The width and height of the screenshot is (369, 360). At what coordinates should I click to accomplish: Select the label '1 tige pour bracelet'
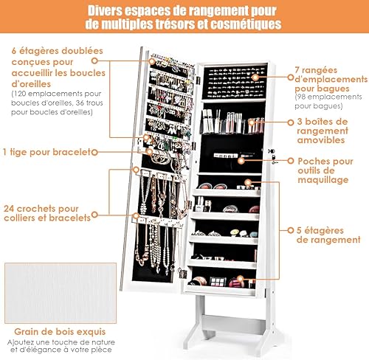tap(47, 152)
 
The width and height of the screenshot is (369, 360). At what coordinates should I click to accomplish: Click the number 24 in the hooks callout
tap(9, 209)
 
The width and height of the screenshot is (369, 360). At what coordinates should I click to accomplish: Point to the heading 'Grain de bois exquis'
tap(60, 332)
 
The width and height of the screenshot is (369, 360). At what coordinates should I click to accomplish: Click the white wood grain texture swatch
tap(61, 293)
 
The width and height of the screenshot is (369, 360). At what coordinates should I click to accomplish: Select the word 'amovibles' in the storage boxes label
tap(321, 140)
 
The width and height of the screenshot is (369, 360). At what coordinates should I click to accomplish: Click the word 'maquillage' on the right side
tap(323, 180)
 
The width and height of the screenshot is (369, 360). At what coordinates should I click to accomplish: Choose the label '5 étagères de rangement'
tap(328, 235)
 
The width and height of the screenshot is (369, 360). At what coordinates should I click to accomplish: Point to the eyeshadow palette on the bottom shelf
tap(218, 281)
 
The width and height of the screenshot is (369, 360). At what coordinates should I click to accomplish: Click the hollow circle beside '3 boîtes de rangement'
tap(291, 122)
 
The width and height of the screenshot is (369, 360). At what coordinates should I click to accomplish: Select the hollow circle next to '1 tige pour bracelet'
tap(94, 153)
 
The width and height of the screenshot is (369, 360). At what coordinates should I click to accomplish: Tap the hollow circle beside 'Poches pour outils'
tap(291, 161)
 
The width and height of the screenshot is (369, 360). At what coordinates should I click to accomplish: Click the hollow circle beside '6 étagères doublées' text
tap(94, 60)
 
